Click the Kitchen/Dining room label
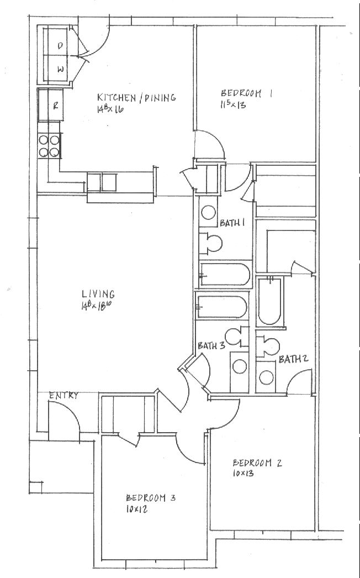click(136, 98)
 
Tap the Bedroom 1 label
click(246, 93)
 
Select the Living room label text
click(98, 294)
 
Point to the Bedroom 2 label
click(257, 463)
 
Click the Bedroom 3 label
click(151, 498)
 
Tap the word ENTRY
click(63, 396)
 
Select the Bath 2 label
click(293, 359)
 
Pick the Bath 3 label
click(211, 346)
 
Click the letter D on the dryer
click(60, 46)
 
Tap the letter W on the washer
click(61, 69)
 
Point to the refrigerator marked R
click(50, 105)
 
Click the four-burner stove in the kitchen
click(49, 146)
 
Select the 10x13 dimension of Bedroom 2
click(243, 473)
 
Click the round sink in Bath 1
click(208, 213)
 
